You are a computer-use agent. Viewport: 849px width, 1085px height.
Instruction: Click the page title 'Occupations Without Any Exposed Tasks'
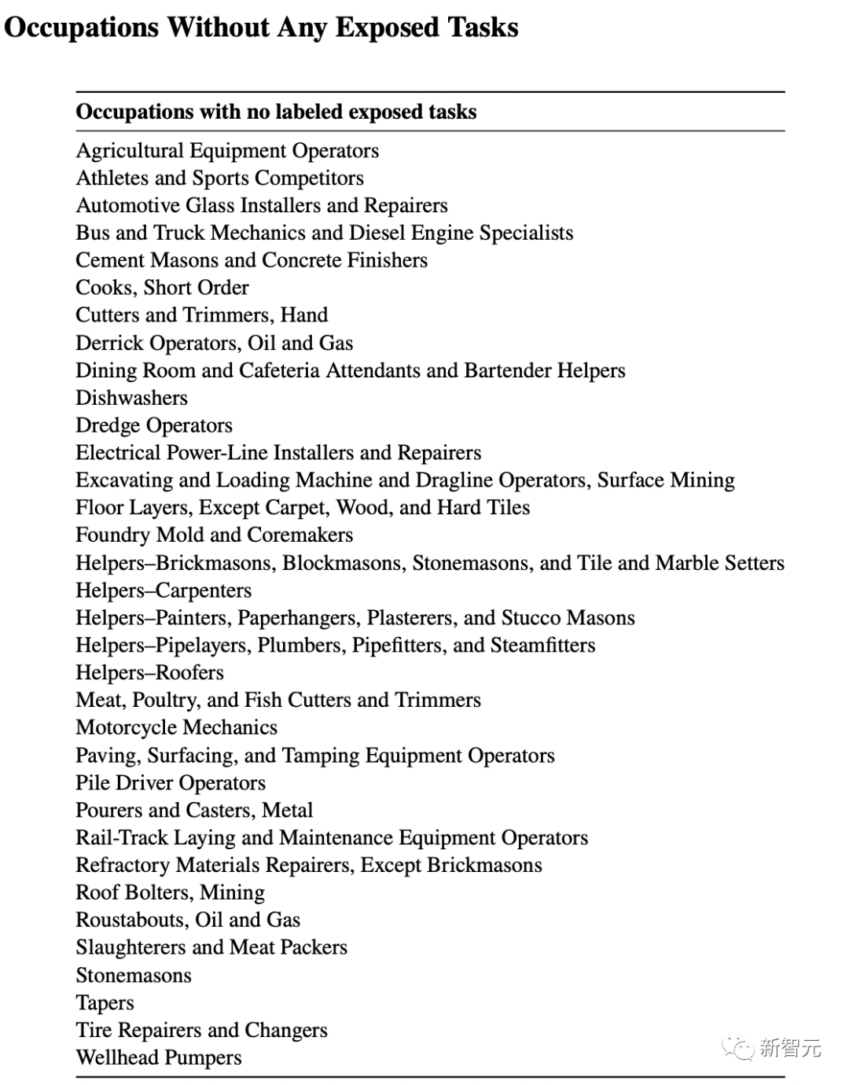261,28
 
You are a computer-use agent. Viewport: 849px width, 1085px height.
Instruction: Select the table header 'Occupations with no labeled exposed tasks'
276,112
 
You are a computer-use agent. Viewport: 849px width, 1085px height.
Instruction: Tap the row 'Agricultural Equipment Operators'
227,150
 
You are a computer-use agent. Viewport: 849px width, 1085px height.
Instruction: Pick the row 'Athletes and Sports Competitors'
219,178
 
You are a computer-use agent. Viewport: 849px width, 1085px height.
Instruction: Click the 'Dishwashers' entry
131,398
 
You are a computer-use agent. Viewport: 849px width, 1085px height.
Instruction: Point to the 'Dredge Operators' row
154,425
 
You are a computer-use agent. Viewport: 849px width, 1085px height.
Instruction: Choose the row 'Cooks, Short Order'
162,288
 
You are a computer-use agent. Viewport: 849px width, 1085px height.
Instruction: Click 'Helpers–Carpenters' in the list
164,590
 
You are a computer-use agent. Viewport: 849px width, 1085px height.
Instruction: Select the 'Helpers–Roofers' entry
149,673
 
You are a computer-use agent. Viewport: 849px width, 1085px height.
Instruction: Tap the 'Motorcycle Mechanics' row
176,727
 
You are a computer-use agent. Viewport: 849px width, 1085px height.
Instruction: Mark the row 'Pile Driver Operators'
171,783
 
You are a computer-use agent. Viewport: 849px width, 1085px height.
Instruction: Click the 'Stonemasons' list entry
134,976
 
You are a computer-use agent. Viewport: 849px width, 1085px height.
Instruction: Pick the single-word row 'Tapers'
105,1003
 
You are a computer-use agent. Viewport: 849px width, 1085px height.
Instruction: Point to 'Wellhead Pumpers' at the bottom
159,1057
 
